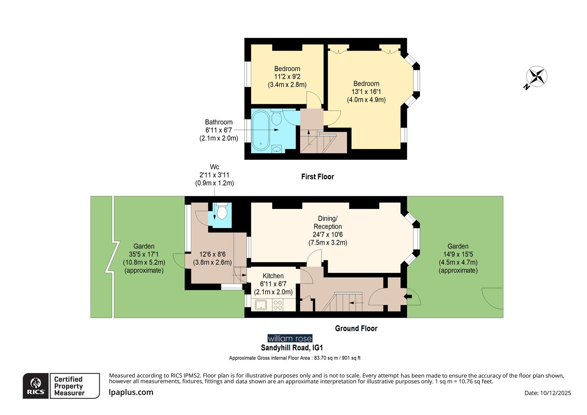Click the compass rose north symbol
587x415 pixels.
(536, 77)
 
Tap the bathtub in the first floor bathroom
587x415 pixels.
(261, 131)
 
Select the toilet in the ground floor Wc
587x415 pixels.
(222, 212)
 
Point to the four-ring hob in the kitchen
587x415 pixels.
(277, 305)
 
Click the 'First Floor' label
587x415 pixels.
(317, 177)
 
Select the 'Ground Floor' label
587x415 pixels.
(356, 329)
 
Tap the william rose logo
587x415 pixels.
(290, 339)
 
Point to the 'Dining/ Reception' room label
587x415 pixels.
(327, 222)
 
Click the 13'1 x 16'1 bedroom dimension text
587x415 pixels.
(366, 92)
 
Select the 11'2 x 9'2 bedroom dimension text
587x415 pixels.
(287, 77)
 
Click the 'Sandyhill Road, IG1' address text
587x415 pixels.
(292, 348)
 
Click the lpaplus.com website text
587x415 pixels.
(131, 392)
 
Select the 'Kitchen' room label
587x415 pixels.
(273, 276)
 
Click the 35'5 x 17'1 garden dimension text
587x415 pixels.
(144, 254)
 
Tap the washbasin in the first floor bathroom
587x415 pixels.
(277, 149)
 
